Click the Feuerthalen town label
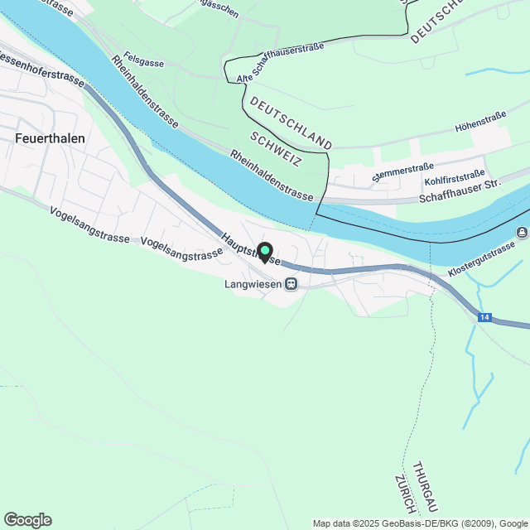50,138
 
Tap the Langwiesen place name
253,284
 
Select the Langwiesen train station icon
291,284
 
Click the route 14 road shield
484,317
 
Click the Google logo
26,519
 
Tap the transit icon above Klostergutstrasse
522,231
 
